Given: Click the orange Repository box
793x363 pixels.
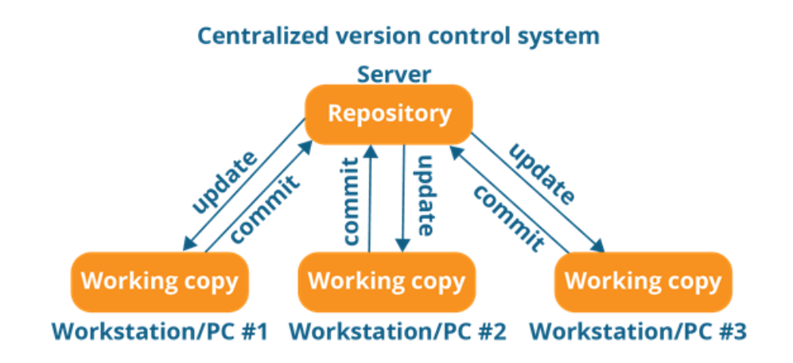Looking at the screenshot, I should click(x=390, y=114).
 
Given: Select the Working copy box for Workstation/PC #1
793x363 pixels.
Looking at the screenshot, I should click(x=159, y=281).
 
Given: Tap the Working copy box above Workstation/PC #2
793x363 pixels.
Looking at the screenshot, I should click(x=386, y=281).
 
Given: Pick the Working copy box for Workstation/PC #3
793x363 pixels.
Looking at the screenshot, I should click(x=643, y=281).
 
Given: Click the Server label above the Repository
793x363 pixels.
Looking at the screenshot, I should click(x=394, y=76).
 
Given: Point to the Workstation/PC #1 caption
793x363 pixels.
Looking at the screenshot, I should click(x=159, y=330).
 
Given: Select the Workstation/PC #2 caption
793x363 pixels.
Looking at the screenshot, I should click(x=397, y=330).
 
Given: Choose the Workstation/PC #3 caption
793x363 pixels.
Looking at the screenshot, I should click(x=638, y=330).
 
